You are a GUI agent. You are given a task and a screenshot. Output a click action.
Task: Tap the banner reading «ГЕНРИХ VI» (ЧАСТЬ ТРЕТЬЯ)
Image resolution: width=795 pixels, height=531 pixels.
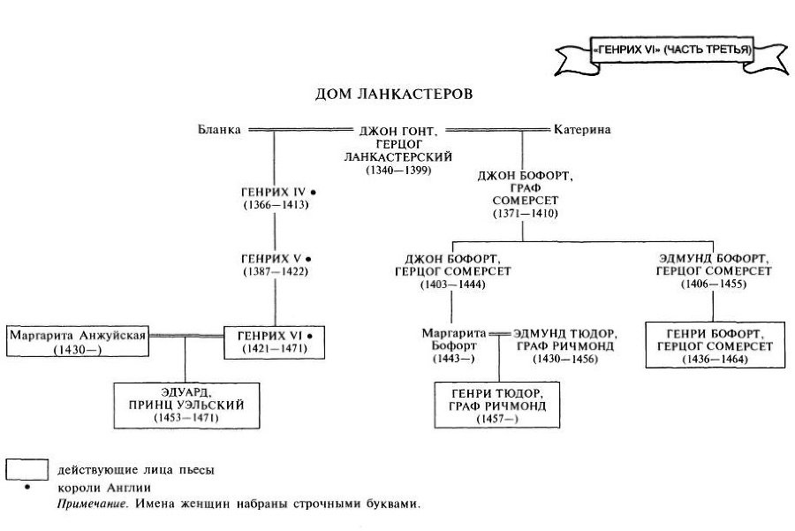pos(672,50)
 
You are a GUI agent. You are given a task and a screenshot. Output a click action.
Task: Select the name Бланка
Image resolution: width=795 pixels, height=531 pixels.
pos(220,130)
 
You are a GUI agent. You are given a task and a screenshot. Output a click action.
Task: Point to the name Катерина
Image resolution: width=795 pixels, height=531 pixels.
pos(581,130)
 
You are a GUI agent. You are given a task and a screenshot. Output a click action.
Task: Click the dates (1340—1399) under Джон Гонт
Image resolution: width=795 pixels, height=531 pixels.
pos(398,169)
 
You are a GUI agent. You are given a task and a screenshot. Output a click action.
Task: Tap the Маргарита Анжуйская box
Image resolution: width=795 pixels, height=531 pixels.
pos(77,341)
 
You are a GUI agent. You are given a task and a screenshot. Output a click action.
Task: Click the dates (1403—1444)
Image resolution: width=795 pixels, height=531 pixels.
pos(452,284)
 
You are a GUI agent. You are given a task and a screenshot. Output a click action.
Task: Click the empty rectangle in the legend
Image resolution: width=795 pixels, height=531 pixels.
pos(26,468)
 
